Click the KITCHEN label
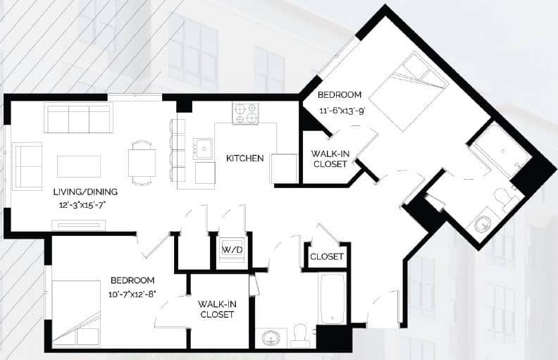coord(244,158)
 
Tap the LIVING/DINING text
coord(85,192)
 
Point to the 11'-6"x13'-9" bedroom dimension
coord(340,108)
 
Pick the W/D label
coord(231,249)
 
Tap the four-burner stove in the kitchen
coord(246,113)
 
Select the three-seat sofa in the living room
coord(77,118)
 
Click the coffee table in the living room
coord(79,166)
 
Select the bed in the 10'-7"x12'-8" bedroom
coord(75,313)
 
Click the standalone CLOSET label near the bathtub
coord(327,256)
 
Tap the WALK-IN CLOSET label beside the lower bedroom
coord(216,309)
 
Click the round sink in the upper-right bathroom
coord(483,223)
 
